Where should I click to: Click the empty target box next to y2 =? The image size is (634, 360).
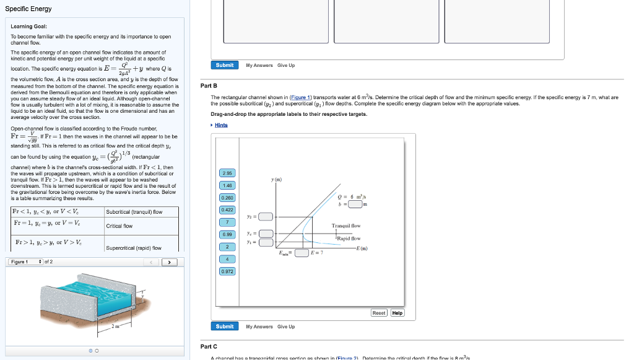click(266, 216)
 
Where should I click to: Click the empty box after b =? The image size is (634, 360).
click(355, 203)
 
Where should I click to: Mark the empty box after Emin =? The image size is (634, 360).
click(302, 253)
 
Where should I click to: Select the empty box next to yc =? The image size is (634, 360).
click(266, 234)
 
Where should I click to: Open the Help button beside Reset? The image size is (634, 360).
click(397, 313)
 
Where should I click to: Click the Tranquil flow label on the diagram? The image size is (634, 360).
click(346, 226)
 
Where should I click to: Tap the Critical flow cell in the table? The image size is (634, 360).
click(119, 226)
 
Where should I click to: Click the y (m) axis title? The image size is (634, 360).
click(277, 180)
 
